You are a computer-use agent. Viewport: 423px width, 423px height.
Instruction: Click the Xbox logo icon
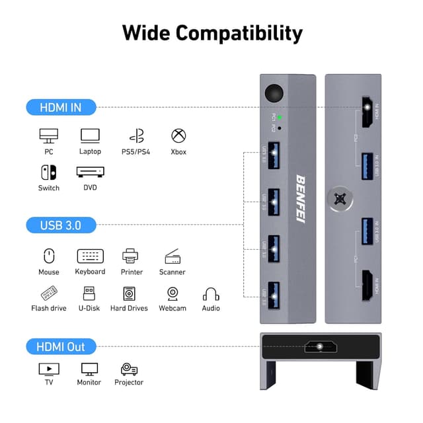click(x=178, y=136)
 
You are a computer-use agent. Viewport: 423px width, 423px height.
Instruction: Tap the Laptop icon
click(x=90, y=136)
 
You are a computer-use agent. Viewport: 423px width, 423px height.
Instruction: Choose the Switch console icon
click(x=49, y=173)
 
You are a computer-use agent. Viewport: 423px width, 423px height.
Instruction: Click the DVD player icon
click(x=90, y=172)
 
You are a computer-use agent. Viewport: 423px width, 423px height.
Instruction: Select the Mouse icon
click(x=49, y=256)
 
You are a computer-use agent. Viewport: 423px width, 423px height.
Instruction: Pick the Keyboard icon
click(x=90, y=256)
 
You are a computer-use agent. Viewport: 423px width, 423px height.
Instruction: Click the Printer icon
click(x=130, y=256)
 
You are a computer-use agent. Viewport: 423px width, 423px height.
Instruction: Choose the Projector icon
click(x=130, y=369)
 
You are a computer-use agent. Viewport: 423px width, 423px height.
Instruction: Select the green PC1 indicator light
click(x=280, y=116)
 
